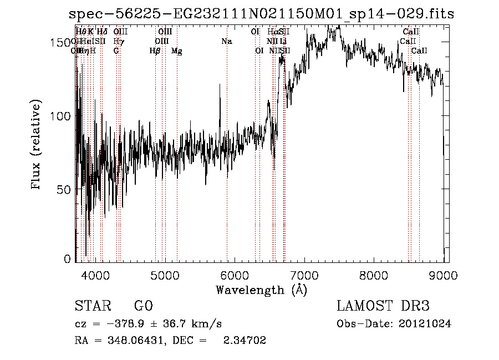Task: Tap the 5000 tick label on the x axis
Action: [165, 274]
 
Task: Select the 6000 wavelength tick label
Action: [235, 274]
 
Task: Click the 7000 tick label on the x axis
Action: [304, 274]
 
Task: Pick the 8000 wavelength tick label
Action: [374, 274]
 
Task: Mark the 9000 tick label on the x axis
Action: [444, 274]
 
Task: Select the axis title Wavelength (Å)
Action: [261, 290]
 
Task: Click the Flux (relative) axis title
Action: [37, 145]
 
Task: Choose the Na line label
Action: [226, 41]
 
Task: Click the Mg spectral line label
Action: [176, 51]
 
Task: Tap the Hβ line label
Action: [155, 51]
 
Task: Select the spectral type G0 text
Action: [143, 306]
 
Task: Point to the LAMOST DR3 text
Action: [383, 306]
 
